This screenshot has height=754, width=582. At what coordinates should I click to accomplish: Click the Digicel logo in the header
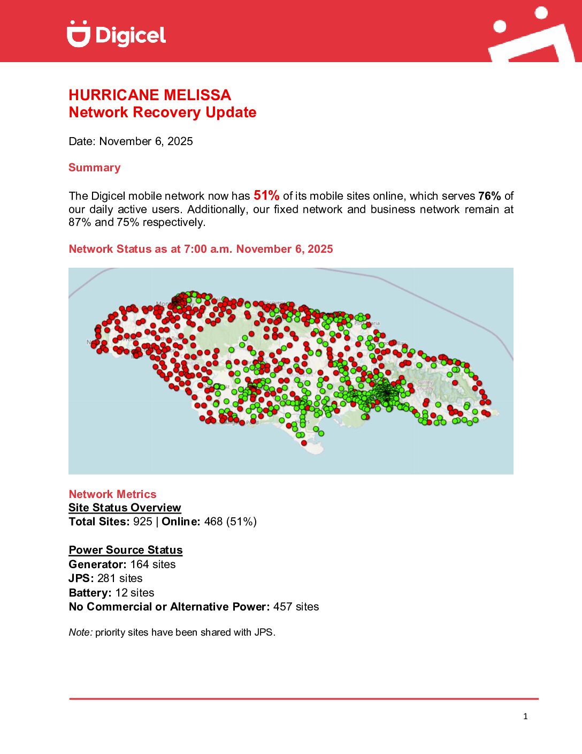[x=116, y=34]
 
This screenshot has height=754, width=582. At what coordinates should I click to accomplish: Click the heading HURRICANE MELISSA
[x=150, y=95]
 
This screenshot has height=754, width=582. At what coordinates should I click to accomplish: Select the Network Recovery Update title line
[x=162, y=112]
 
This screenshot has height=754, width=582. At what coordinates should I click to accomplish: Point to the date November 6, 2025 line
[x=131, y=141]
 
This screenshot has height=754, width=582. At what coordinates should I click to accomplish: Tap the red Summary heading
[x=94, y=168]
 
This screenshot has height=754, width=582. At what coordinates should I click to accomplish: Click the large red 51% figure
[x=266, y=195]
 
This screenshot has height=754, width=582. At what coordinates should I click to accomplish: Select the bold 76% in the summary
[x=489, y=196]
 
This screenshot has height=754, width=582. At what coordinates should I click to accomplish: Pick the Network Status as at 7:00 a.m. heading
[x=201, y=249]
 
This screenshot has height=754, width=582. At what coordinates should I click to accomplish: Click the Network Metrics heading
[x=112, y=494]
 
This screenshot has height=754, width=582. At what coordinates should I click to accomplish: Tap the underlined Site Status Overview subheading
[x=125, y=508]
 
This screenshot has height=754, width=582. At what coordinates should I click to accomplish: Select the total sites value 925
[x=143, y=522]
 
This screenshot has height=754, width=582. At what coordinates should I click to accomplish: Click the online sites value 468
[x=213, y=522]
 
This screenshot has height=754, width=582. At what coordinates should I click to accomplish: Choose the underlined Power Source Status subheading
[x=126, y=550]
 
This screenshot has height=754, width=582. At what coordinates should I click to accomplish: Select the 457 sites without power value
[x=282, y=607]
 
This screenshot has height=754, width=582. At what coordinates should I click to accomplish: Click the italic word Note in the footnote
[x=80, y=632]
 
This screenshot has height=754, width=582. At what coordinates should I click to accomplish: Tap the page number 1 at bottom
[x=525, y=717]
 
